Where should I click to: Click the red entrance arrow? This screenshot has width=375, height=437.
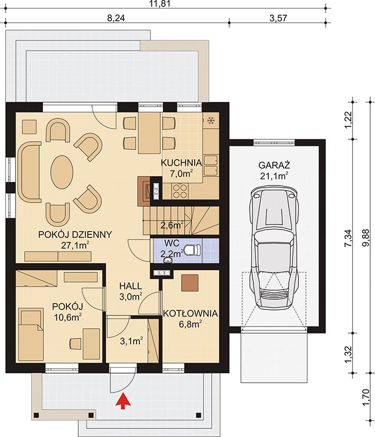click(x=123, y=401)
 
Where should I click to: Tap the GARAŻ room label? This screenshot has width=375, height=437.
click(x=274, y=165)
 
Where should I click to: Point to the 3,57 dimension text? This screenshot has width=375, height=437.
click(x=278, y=18)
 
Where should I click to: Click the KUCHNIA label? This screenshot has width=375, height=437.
click(x=181, y=163)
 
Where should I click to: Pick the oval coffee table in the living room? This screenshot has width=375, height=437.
click(x=62, y=172)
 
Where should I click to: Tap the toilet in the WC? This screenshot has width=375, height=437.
click(x=193, y=249)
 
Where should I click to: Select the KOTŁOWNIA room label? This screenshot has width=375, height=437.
click(x=190, y=314)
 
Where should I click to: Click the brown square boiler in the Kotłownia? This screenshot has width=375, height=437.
click(x=190, y=283)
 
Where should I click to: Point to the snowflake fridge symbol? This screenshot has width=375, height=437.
click(x=211, y=121)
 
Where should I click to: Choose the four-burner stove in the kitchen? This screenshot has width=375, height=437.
click(x=179, y=191)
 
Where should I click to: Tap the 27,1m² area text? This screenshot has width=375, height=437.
click(x=75, y=245)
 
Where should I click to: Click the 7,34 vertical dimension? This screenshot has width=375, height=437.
click(x=348, y=238)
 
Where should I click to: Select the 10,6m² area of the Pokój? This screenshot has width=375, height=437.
click(x=67, y=317)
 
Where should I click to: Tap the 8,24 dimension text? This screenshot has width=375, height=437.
click(x=116, y=18)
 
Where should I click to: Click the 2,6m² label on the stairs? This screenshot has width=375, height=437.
click(x=172, y=225)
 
